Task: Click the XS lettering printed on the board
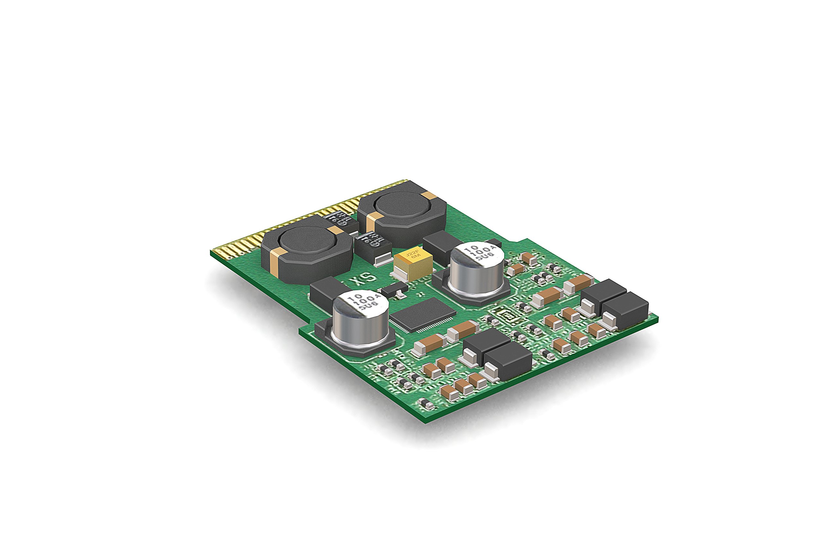(364, 278)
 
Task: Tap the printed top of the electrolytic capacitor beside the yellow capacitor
(479, 254)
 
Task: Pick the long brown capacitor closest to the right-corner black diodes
(579, 283)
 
